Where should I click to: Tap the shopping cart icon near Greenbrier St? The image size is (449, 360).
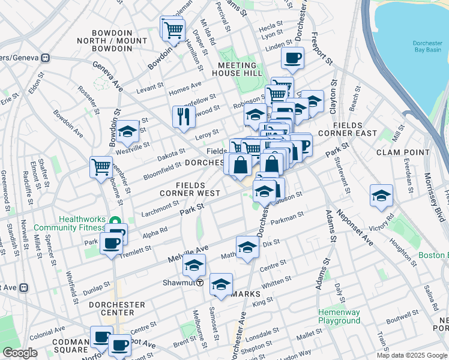[101, 166]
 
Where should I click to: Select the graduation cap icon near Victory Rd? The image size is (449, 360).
[381, 196]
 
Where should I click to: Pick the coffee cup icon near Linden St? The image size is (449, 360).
[293, 58]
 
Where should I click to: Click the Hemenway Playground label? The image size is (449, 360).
[339, 317]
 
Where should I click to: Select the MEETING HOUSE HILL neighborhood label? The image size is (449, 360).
[237, 69]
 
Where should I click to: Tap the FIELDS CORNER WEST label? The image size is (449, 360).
[189, 190]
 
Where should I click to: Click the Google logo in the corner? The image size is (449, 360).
[20, 353]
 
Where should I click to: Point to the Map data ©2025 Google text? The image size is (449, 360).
[411, 355]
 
